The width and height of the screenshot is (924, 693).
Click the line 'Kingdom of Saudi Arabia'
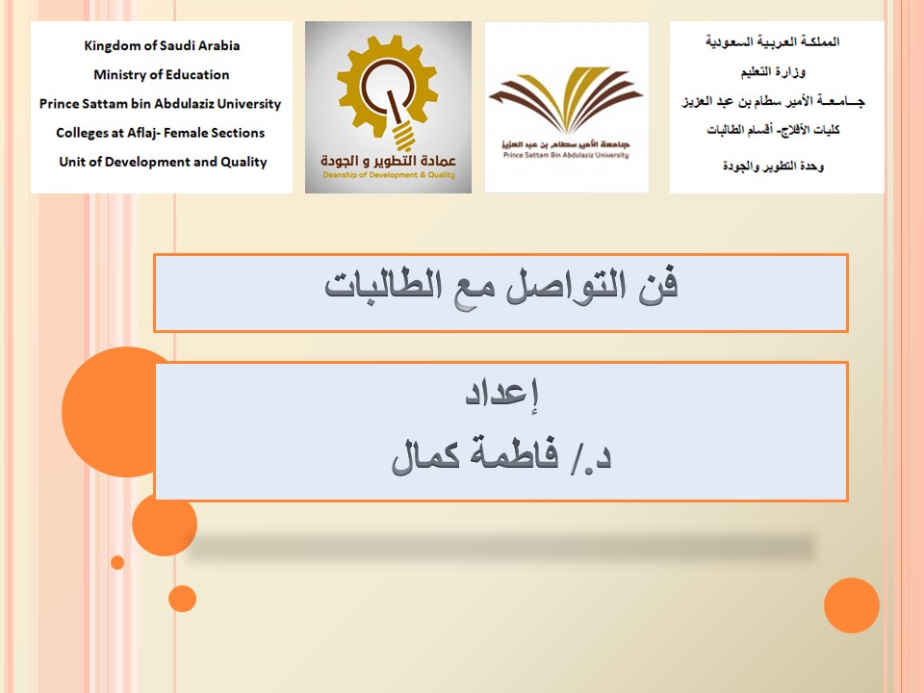(162, 45)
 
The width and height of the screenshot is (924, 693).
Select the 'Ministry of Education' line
(162, 74)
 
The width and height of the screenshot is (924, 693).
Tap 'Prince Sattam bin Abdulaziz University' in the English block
(161, 104)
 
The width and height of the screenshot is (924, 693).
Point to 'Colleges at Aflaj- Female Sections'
(161, 133)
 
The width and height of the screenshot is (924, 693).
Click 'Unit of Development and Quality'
(163, 162)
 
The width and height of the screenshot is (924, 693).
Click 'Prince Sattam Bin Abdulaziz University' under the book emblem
(566, 154)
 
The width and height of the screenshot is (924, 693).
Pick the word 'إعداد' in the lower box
(500, 395)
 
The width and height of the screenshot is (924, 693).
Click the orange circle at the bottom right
(852, 605)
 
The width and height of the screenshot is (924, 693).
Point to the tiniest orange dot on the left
(117, 562)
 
